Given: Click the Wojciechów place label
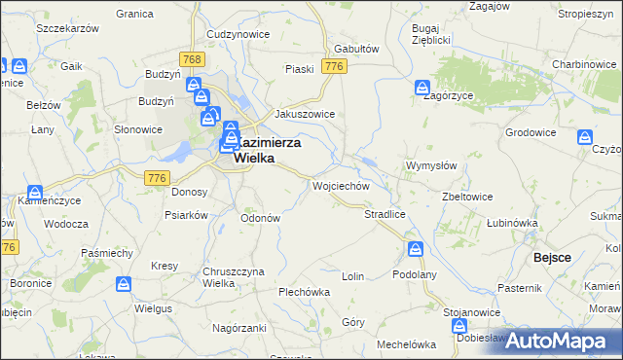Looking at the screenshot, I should [340, 185].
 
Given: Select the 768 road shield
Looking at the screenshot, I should [193, 60].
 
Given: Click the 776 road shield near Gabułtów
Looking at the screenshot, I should [335, 66].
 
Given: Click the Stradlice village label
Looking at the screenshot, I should [384, 213].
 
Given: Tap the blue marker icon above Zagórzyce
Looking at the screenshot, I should [421, 88].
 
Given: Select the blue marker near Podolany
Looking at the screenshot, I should [416, 249].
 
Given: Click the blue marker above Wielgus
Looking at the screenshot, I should [124, 284].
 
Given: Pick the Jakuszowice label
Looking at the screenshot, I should [306, 114].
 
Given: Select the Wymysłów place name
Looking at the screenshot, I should [431, 165].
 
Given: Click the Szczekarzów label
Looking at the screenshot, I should [68, 30].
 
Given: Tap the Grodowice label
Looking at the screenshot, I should [530, 131].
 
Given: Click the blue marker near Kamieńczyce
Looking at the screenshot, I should [35, 193].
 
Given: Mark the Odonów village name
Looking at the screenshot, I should [260, 218].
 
